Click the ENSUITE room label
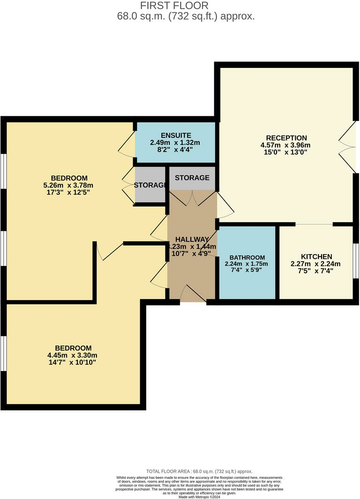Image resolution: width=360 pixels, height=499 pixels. click(x=175, y=136)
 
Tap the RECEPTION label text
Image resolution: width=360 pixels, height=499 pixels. click(x=286, y=138)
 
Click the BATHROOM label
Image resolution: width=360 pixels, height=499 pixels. click(x=247, y=257)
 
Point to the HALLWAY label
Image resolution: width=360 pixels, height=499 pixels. click(x=192, y=239)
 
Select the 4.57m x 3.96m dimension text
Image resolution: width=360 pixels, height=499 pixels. click(x=286, y=145)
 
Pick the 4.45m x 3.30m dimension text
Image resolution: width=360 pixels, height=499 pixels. click(x=73, y=355)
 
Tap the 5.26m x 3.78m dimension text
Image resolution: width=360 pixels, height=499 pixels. click(x=69, y=185)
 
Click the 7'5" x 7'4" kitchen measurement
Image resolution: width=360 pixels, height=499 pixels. click(x=316, y=271)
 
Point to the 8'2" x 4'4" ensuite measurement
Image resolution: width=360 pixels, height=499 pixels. click(x=175, y=150)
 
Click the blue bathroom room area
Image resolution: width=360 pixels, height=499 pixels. click(x=247, y=281)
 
